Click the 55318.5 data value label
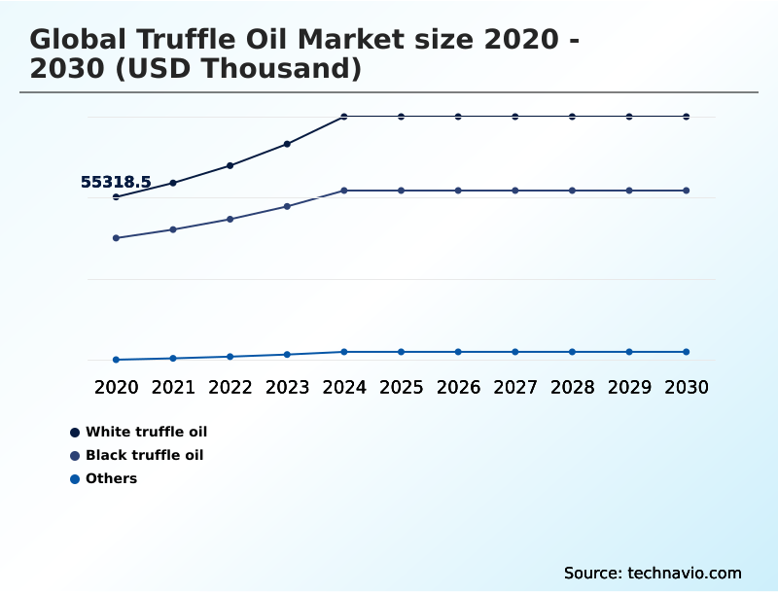point(116,182)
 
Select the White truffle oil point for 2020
point(116,196)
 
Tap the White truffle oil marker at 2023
point(287,144)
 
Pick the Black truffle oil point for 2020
point(116,238)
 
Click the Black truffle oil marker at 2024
point(344,191)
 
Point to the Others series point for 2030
point(686,352)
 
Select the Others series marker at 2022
point(230,357)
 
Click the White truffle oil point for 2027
point(515,117)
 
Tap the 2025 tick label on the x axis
point(401,387)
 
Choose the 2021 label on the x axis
point(173,387)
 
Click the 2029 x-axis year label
point(629,387)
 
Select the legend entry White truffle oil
point(146,432)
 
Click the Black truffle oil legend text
point(144,455)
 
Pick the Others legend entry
point(111,478)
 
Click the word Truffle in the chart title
point(188,40)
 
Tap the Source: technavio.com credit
point(653,573)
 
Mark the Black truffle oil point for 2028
point(572,191)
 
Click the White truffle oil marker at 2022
point(230,165)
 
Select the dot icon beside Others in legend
point(75,478)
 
